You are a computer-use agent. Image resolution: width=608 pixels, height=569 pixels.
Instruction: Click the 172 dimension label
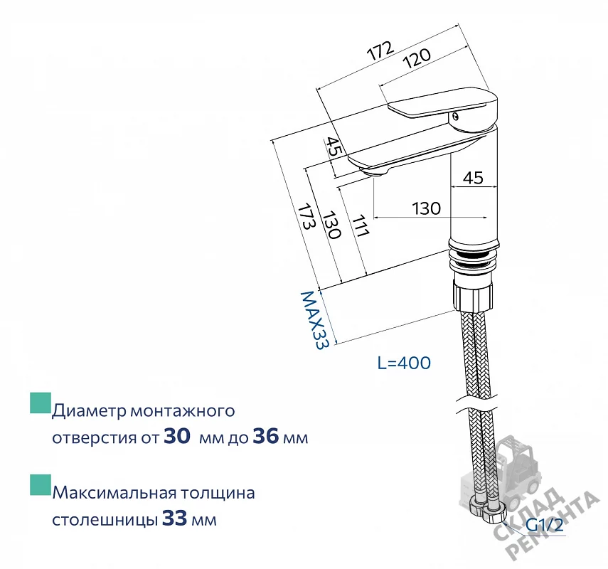(380, 50)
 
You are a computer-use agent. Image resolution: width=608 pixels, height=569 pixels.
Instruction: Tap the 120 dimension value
(417, 58)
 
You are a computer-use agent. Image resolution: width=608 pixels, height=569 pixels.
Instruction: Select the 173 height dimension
(305, 216)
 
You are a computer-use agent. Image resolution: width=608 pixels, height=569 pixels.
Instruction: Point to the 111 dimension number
(360, 225)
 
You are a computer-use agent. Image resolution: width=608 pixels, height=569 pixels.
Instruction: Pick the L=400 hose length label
(404, 363)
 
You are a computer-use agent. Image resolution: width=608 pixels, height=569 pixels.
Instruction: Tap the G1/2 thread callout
(544, 525)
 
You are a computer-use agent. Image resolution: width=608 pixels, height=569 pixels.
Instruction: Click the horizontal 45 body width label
(474, 178)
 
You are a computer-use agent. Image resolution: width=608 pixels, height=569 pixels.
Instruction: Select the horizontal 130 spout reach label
(426, 208)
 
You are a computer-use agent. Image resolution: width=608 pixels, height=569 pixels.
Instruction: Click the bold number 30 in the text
(177, 436)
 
